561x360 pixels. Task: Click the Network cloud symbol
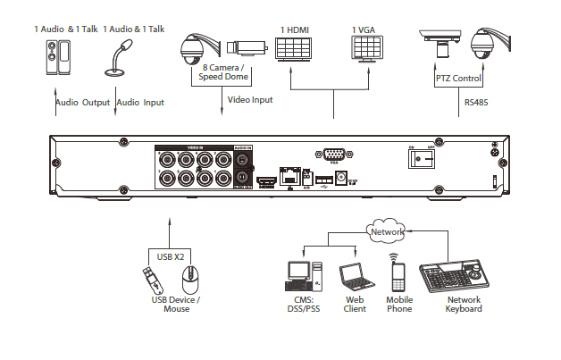click(385, 230)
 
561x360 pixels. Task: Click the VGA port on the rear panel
click(335, 154)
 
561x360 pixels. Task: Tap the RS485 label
click(476, 102)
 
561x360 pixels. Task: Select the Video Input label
click(251, 100)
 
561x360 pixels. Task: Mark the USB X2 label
click(171, 256)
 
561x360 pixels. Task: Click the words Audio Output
click(83, 103)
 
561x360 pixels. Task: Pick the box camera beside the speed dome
click(243, 46)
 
